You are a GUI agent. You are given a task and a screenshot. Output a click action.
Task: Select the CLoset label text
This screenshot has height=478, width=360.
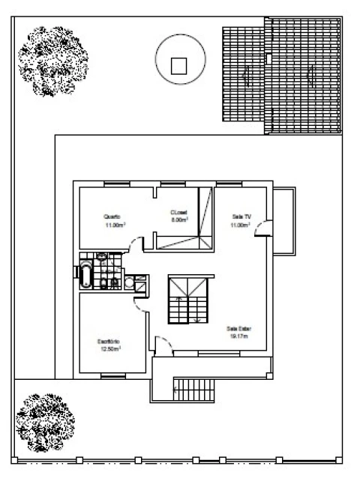178,212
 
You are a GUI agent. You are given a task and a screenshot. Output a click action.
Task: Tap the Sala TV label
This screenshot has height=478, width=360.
241,217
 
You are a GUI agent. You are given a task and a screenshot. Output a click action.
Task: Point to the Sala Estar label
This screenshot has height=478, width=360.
238,328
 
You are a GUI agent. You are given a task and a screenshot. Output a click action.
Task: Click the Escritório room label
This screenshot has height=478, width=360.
108,341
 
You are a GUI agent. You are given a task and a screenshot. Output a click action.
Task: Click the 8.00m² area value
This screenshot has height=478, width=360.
178,220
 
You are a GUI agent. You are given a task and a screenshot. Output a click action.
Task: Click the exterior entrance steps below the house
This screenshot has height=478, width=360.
193,387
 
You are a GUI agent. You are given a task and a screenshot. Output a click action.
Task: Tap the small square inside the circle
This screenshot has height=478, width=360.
179,65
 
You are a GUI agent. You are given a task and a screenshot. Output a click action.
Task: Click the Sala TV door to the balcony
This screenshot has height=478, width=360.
263,229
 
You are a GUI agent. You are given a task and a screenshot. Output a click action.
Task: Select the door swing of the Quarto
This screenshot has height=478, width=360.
135,243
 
